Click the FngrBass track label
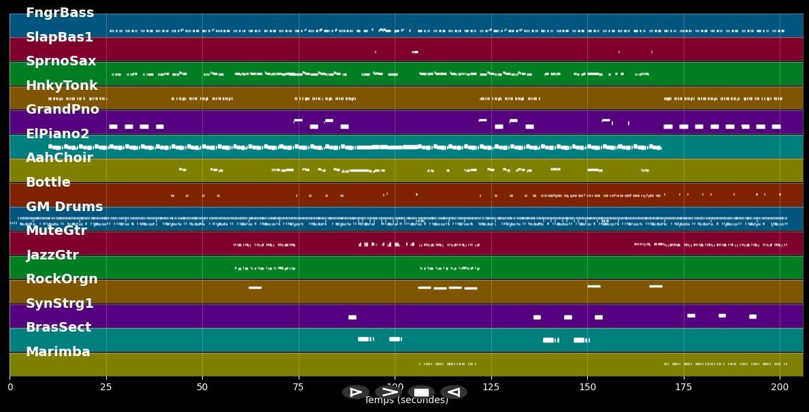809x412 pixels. click(x=60, y=13)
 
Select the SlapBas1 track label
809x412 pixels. click(x=59, y=37)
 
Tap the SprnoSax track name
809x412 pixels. click(x=61, y=61)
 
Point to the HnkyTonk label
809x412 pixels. click(x=62, y=86)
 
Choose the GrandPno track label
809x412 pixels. click(x=63, y=110)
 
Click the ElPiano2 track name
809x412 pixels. click(x=58, y=134)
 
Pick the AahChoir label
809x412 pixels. click(x=59, y=158)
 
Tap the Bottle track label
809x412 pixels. click(x=48, y=183)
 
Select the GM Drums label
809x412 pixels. click(x=65, y=207)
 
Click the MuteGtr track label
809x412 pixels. click(x=56, y=231)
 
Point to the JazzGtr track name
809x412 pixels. click(x=52, y=255)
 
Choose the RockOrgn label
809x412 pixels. click(x=62, y=279)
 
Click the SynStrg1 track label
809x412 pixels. click(x=60, y=304)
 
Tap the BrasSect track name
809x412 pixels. click(x=59, y=328)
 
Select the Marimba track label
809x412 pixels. click(x=58, y=352)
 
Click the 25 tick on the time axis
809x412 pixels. click(x=106, y=387)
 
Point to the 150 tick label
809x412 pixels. click(x=587, y=387)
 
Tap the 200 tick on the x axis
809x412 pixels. click(x=780, y=387)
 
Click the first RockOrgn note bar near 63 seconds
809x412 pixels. click(x=255, y=287)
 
